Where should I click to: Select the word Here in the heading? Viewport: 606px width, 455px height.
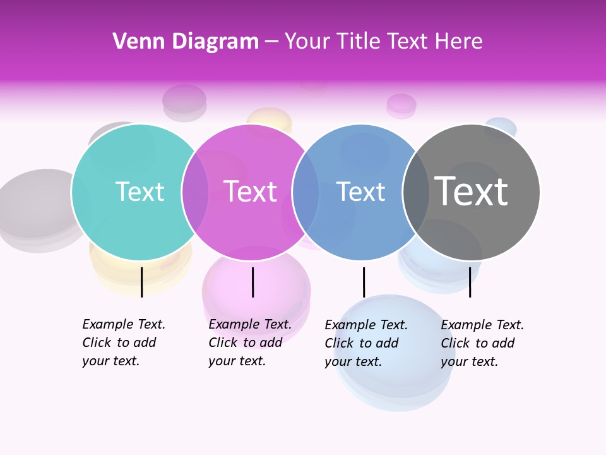point(459,42)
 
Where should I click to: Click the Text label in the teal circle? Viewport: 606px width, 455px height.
point(140,192)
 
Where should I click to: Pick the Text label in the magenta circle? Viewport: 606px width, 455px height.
point(251,192)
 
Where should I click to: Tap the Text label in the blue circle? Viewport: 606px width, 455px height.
point(360,192)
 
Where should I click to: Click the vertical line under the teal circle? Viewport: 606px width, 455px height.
point(141,282)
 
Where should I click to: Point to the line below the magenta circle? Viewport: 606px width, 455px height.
point(252,282)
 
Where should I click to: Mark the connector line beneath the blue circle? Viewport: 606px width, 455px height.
point(364,282)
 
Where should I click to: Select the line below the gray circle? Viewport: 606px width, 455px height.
point(470,282)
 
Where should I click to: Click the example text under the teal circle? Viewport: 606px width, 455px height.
point(123,343)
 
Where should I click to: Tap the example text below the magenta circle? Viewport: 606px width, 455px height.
point(249,343)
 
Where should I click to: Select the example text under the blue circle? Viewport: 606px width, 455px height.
point(365,343)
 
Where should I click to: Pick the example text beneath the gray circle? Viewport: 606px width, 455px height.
point(482,343)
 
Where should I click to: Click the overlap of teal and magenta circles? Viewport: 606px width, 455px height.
point(195,192)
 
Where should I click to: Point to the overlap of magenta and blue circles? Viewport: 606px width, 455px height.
point(306,192)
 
